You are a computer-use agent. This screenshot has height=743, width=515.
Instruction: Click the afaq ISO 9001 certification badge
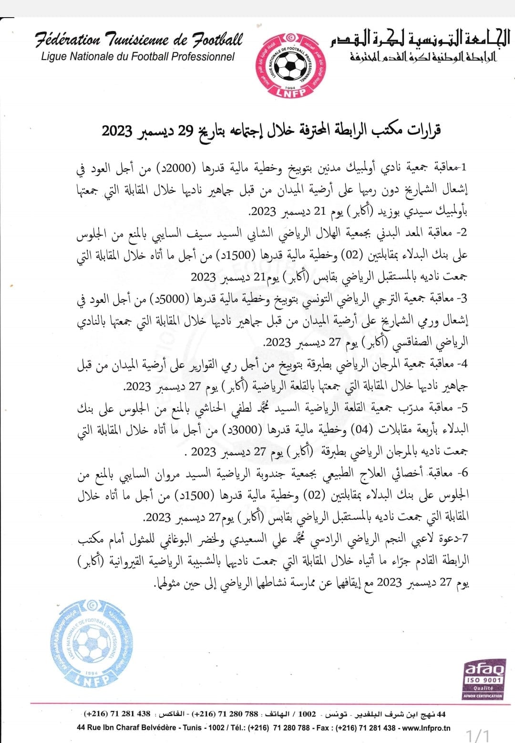483,680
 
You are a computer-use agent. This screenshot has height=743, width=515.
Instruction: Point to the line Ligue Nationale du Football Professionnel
138,56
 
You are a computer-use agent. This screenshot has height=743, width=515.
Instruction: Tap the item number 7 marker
464,539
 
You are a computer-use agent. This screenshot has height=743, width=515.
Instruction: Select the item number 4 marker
463,364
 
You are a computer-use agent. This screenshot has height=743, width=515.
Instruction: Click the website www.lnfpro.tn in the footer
425,728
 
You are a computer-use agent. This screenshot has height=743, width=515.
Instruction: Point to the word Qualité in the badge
483,688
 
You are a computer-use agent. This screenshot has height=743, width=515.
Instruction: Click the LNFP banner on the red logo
290,92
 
